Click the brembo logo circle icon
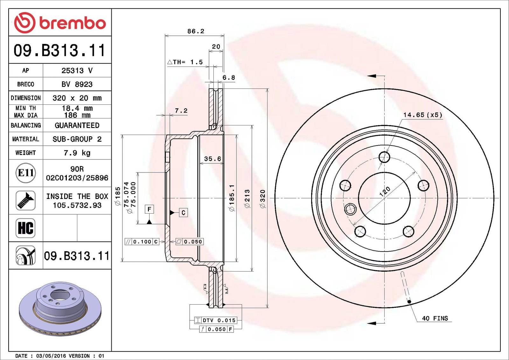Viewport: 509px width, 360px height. [25, 23]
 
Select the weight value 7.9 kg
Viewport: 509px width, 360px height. [77, 153]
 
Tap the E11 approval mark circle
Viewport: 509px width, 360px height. [26, 173]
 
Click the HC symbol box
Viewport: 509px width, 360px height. [25, 228]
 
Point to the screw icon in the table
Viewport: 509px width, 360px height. [25, 201]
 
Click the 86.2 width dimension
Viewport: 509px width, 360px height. [196, 31]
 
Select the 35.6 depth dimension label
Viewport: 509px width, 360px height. [213, 159]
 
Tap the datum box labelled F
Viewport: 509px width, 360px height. [149, 209]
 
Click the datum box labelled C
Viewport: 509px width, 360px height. [183, 213]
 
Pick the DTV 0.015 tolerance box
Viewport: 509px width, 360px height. [215, 321]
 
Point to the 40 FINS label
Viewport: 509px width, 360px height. [435, 318]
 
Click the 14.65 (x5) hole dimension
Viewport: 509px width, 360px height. [423, 115]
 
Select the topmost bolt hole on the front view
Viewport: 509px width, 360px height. [385, 157]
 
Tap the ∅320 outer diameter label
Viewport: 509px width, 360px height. [262, 199]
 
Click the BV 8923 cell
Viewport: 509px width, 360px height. [77, 84]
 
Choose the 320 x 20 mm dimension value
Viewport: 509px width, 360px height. [77, 98]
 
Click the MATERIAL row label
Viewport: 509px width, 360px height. [26, 139]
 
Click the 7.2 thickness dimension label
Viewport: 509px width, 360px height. [181, 111]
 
